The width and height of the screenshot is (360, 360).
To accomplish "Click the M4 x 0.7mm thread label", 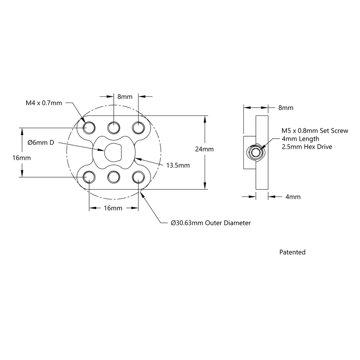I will [x=44, y=103].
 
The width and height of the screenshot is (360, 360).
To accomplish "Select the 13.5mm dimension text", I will [x=178, y=165].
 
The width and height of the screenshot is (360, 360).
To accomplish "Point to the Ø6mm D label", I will [x=41, y=142].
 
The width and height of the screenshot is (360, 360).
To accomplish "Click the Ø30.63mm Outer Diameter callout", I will [x=211, y=223].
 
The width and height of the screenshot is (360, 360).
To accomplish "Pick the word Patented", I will [x=292, y=252].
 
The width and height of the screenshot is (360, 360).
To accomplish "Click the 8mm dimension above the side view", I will [x=285, y=108].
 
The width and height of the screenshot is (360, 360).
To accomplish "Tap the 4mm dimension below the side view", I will [x=293, y=197].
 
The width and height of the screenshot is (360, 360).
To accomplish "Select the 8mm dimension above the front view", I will [x=125, y=97].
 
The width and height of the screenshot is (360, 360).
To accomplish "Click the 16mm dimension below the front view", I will [x=113, y=208].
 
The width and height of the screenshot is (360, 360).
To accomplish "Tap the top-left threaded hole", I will [x=89, y=126].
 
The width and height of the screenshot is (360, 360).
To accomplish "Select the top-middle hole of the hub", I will [x=113, y=126].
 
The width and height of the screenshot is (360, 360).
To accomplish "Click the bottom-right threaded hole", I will [x=138, y=177].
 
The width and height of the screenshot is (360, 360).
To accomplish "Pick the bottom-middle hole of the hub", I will [x=113, y=177].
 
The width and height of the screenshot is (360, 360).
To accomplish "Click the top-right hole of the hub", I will [x=138, y=126].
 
